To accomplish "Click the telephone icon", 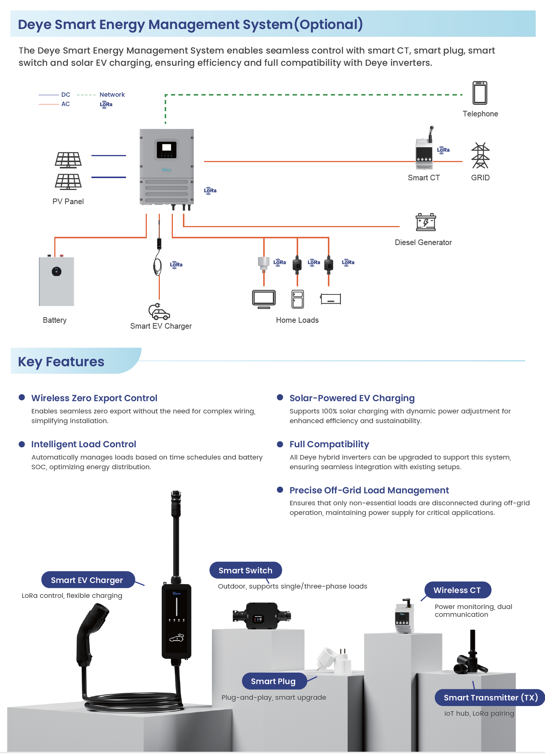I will pos(480,93).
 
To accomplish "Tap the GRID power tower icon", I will pos(480,156).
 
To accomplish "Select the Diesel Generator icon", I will pos(426,222).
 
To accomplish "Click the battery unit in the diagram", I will pos(57,281).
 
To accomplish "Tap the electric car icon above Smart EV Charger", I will pos(159,312).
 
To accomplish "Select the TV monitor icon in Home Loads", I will pos(264,299).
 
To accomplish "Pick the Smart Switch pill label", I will pos(245,570).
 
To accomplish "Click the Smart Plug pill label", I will pos(274,681).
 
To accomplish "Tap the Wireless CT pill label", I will pos(457,590).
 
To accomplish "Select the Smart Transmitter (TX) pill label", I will pos(490,697).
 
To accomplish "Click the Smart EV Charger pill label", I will pos(87,580).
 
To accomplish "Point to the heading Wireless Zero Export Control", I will pos(94,398).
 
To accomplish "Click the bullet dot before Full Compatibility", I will pos(280,444).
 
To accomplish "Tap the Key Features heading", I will pos(61,362).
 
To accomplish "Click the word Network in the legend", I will pos(112,95).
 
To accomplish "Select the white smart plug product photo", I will pos(335,660).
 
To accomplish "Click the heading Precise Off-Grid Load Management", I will pos(369,490).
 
